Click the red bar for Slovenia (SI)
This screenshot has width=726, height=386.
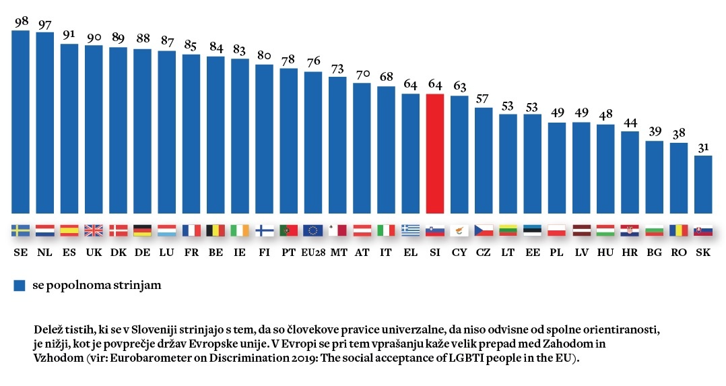pos(435,153)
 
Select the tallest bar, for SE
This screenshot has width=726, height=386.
pos(21,121)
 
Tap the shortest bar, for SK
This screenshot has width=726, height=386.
pos(703,184)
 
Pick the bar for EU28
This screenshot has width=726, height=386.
pos(313,141)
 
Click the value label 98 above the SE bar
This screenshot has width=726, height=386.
pos(21,21)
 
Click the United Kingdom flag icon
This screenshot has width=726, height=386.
pos(94,230)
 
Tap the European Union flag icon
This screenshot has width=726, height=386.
pos(313,230)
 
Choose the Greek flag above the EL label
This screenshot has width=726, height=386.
pos(411,230)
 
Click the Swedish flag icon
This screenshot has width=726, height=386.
pos(21,230)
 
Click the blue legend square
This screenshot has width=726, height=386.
pos(19,286)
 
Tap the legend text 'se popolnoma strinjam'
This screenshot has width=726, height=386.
pos(97,286)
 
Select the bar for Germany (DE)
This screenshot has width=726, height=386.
pos(142,131)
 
